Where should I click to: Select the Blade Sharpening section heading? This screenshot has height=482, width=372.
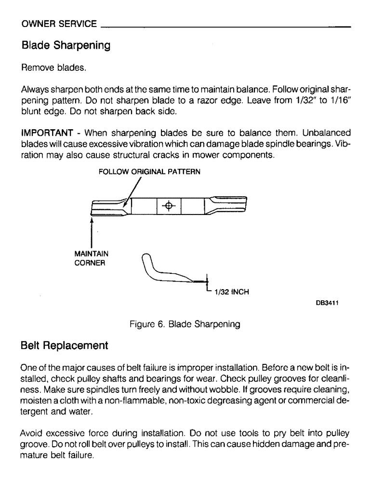click(66, 46)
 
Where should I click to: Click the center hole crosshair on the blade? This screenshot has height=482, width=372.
click(169, 206)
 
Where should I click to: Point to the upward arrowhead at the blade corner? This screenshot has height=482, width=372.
click(92, 219)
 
